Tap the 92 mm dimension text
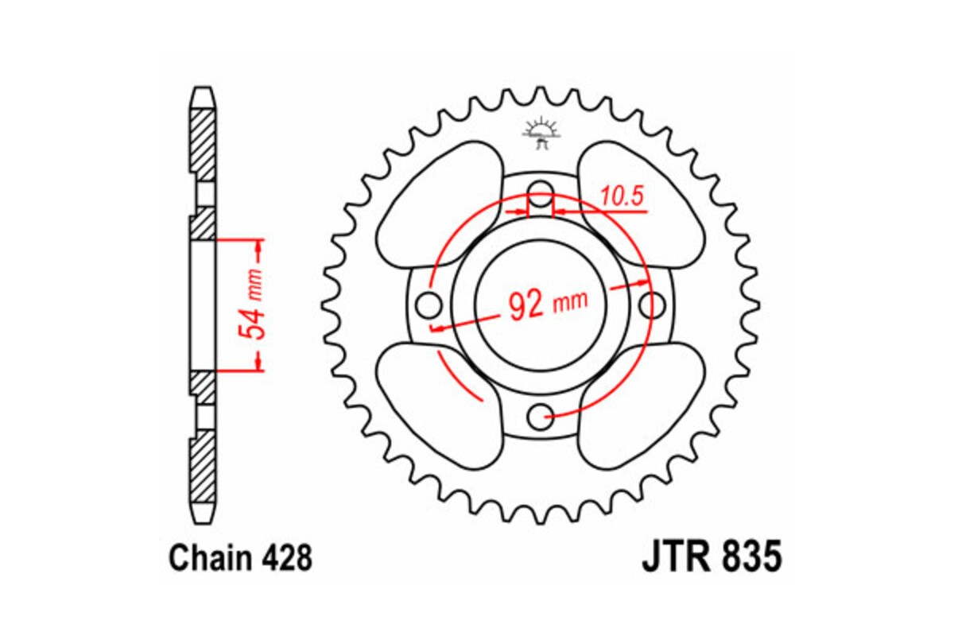[x=547, y=304]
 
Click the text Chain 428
[x=240, y=559]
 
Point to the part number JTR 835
[x=712, y=557]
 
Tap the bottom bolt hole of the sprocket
[x=541, y=413]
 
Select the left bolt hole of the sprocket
[x=430, y=303]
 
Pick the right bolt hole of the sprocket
[x=652, y=303]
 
